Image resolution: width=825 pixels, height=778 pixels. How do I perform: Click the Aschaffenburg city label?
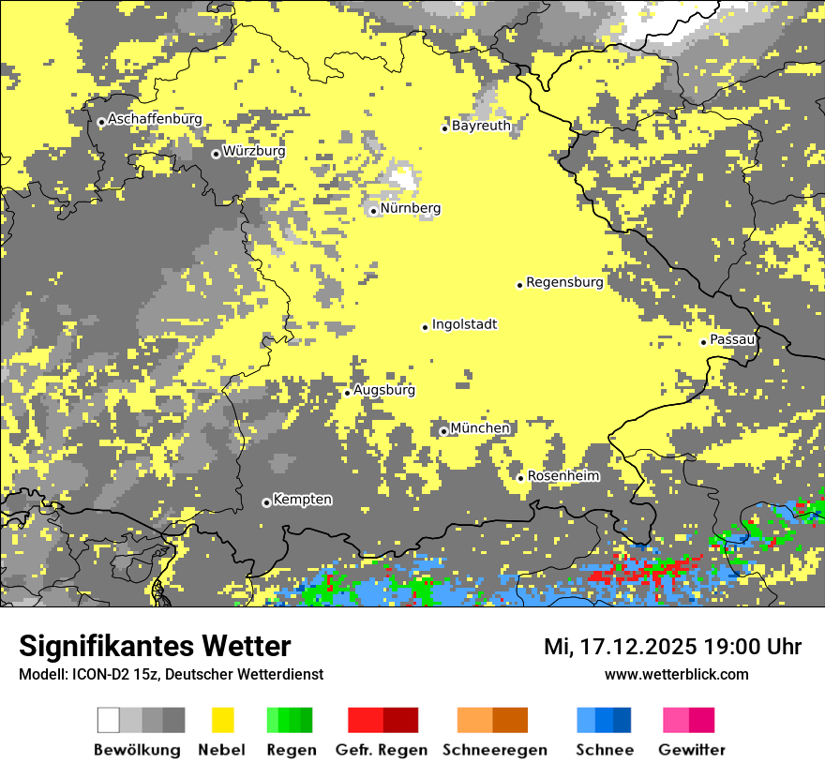(155, 120)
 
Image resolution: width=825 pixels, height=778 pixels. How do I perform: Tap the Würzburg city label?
(254, 151)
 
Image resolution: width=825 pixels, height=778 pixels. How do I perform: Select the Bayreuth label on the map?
(481, 126)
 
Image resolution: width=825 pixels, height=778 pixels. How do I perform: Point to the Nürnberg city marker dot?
(373, 211)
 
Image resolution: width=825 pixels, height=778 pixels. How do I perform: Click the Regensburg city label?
(564, 282)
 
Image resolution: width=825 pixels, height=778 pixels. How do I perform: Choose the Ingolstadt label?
(464, 324)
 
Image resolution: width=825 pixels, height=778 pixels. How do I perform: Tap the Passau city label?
(732, 339)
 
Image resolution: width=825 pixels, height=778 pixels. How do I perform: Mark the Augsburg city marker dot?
(347, 393)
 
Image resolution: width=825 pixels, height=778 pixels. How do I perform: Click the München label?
(480, 428)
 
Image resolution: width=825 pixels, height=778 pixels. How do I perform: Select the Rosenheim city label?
(563, 476)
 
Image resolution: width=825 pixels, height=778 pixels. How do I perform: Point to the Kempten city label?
(302, 500)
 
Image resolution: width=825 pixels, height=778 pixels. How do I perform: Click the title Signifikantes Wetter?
(155, 647)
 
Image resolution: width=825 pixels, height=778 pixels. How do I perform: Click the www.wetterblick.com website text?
(676, 675)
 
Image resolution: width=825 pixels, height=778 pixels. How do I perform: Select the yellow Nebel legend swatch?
(222, 720)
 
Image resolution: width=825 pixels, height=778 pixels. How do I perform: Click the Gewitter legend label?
(691, 750)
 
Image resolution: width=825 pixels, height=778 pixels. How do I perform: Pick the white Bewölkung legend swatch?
(109, 720)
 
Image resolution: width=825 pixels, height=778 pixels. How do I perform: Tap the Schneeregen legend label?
(495, 750)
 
